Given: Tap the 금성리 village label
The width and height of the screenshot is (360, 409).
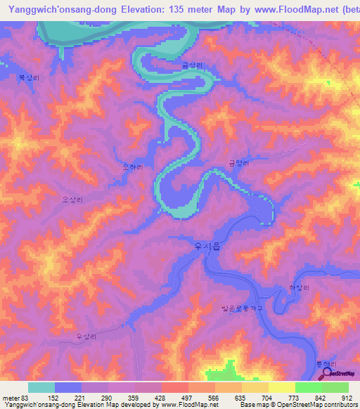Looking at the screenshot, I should click(x=191, y=65).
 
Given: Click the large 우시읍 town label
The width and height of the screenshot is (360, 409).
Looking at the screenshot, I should click(x=206, y=247).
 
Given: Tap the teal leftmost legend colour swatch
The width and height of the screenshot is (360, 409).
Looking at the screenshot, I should click(x=41, y=387).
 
